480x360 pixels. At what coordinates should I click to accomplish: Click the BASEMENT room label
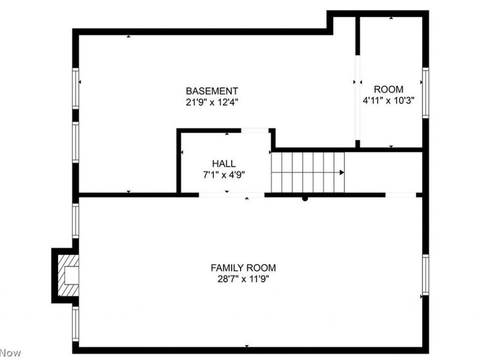[x=212, y=91]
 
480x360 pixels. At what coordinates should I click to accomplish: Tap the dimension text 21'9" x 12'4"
[x=212, y=102]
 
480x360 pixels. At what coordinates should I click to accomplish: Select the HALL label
[x=223, y=164]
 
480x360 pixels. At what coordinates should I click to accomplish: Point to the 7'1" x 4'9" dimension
[x=223, y=175]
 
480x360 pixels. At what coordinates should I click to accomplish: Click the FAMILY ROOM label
[x=243, y=268]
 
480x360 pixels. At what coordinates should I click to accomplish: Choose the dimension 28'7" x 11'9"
[x=243, y=279]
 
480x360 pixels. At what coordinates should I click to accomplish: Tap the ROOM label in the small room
[x=389, y=89]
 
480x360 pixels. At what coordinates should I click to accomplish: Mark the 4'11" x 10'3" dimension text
[x=389, y=101]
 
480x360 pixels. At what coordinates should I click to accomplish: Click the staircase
[x=307, y=172]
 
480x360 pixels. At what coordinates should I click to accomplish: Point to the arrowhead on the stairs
[x=341, y=173]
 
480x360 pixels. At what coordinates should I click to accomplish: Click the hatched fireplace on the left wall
[x=67, y=275]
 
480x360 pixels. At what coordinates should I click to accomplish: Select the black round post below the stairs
[x=305, y=198]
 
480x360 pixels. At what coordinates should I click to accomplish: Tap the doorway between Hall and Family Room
[x=231, y=194]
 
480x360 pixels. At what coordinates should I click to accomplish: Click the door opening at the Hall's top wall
[x=254, y=130]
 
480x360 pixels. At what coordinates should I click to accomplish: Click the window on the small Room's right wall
[x=425, y=92]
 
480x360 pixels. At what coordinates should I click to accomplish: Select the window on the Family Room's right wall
[x=425, y=274]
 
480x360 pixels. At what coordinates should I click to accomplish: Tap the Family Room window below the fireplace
[x=76, y=323]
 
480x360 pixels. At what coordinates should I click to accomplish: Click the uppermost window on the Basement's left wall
[x=76, y=88]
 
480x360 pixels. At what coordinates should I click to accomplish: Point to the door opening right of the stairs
[x=400, y=194]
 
